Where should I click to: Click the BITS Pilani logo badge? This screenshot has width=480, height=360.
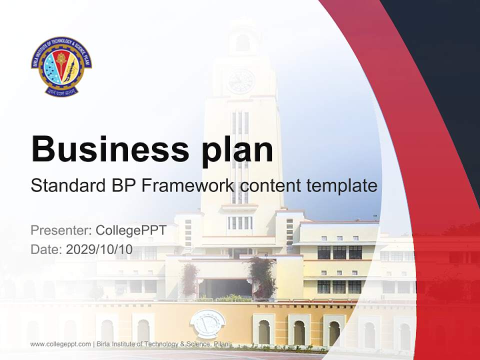point(61,66)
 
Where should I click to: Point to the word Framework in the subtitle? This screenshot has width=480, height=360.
point(187,185)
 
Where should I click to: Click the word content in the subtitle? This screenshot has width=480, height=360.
point(270,185)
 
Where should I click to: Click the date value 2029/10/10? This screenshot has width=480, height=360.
point(99,249)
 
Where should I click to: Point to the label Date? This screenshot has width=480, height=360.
point(46,249)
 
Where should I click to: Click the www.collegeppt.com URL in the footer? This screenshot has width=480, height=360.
point(60,344)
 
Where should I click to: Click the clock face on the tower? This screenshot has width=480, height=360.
point(240,81)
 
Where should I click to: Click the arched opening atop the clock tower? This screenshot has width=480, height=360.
point(242,42)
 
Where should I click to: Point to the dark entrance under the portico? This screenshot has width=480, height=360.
point(224,288)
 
